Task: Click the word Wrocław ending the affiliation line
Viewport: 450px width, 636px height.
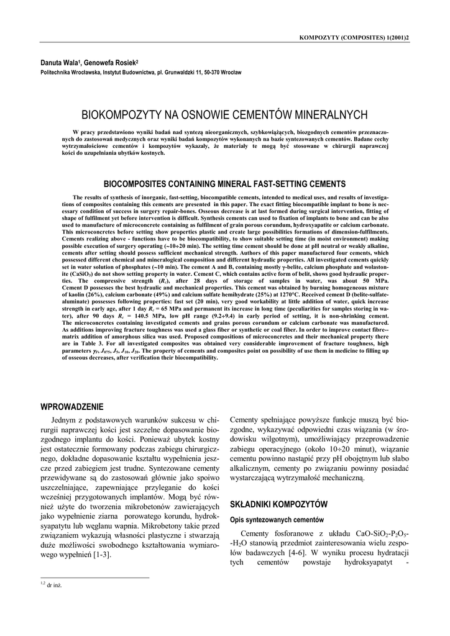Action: coord(231,73)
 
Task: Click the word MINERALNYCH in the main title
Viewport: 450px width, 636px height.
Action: coord(327,116)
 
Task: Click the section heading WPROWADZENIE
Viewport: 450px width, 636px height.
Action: coord(71,407)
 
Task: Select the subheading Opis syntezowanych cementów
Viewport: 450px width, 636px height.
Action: coord(277,519)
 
